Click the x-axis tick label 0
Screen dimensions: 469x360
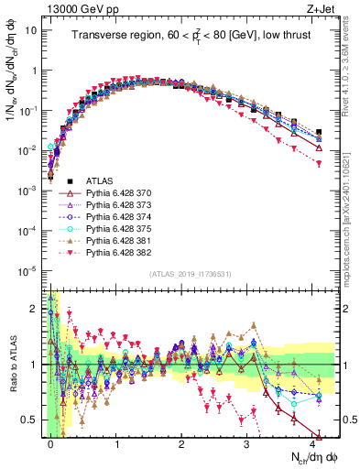[50, 443]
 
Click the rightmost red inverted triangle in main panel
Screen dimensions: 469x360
[318, 163]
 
